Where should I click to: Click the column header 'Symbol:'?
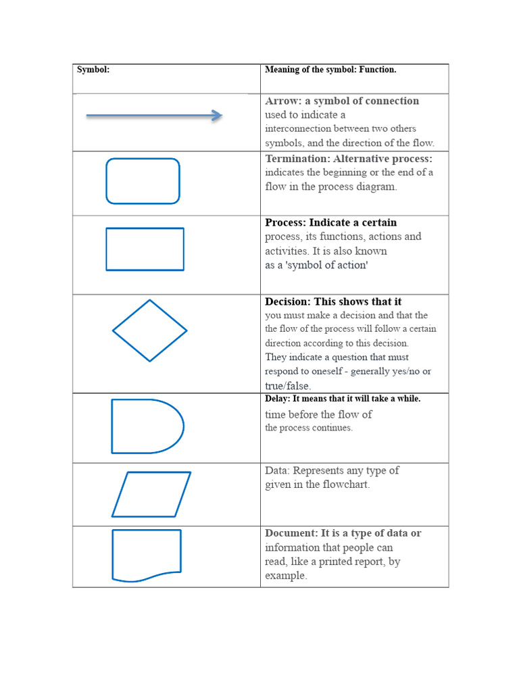coord(93,70)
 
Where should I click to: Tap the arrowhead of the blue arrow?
coord(217,116)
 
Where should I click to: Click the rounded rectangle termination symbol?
coord(143,181)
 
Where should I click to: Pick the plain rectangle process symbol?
coord(145,249)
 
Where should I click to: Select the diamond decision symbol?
coord(149,330)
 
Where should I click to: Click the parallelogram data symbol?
coord(151,494)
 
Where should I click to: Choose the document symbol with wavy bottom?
coord(147,555)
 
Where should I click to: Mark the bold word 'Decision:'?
coord(288,302)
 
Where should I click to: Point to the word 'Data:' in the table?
coord(277,470)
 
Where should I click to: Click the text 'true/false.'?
coord(288,386)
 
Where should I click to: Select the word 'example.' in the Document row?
coord(286,576)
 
